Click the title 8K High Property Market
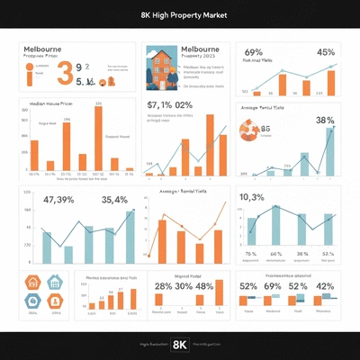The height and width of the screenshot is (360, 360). point(180,15)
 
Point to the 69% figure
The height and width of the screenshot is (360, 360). point(253,52)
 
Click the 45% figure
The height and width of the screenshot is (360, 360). point(325,52)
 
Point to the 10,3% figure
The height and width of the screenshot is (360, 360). point(251,198)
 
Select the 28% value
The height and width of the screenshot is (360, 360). point(163,286)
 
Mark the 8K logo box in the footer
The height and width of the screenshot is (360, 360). point(180,344)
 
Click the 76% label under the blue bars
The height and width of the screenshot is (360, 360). point(251,255)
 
